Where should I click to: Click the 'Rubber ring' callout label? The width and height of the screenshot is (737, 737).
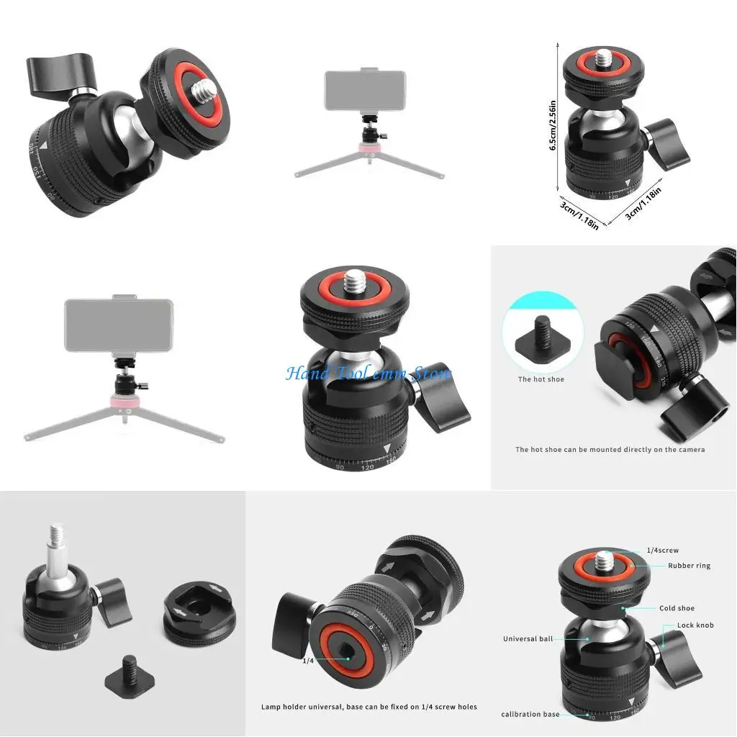point(689,566)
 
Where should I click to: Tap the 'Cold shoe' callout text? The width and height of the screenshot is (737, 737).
point(677,608)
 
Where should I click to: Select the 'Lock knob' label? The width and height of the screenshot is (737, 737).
point(695,625)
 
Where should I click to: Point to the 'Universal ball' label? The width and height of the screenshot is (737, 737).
point(528,638)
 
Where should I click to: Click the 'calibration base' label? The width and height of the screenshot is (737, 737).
point(530,714)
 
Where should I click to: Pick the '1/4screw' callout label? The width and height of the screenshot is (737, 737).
point(662,551)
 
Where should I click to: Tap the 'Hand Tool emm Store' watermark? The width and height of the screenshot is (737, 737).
point(368,374)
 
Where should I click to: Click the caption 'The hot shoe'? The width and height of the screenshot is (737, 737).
point(541,379)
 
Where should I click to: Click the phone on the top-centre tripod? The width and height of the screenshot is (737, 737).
point(364,90)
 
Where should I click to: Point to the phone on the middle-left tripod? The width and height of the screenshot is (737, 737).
point(118,325)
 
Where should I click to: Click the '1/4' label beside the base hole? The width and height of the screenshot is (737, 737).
point(308,660)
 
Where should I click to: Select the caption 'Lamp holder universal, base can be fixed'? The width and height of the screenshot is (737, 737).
point(368,707)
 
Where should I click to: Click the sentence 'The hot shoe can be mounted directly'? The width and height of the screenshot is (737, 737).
point(610,450)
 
